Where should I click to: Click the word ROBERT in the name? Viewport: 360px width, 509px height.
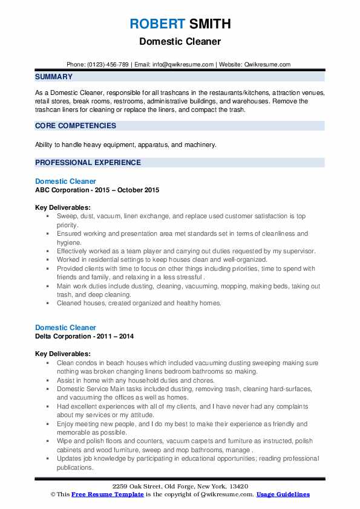[155, 24]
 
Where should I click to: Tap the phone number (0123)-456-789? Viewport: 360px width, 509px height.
[106, 64]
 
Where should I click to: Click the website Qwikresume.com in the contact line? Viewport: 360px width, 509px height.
[268, 64]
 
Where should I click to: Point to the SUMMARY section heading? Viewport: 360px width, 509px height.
[54, 77]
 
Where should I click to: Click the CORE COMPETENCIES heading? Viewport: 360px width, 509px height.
[76, 126]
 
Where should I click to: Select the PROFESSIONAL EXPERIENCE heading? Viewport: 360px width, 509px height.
[88, 163]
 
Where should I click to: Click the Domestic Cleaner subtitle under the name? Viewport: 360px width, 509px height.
[180, 42]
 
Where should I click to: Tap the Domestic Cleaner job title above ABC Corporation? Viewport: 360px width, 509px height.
[65, 181]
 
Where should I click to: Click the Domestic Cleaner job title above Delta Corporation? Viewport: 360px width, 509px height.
[65, 327]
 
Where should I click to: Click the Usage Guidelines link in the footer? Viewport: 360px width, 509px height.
[283, 494]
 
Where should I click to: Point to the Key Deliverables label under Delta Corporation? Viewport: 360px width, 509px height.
[63, 354]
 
